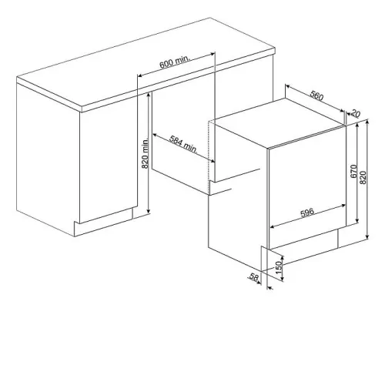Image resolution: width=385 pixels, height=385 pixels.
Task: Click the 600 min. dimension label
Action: click(175, 62)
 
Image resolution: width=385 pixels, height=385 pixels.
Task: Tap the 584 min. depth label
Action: click(183, 145)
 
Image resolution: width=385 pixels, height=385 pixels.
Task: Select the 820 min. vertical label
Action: click(146, 153)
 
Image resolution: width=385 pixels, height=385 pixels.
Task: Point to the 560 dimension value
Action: click(316, 95)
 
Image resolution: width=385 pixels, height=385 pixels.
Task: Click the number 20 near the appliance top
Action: click(356, 113)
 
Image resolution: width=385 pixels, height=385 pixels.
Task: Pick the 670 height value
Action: click(353, 171)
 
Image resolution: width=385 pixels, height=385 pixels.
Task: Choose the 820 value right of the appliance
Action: click(363, 177)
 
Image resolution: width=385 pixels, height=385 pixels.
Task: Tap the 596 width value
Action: click(307, 213)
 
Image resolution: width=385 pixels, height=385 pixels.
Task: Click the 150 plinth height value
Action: click(279, 267)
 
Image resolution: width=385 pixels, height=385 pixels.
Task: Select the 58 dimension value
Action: click(254, 277)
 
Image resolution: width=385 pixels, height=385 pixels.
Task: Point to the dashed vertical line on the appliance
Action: click(209, 157)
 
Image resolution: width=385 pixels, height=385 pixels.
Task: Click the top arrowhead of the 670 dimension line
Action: click(357, 125)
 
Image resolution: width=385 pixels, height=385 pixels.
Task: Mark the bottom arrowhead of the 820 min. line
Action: click(149, 211)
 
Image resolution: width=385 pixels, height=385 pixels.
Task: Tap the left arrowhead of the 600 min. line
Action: click(140, 75)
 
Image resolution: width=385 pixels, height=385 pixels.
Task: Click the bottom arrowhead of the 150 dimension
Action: click(283, 279)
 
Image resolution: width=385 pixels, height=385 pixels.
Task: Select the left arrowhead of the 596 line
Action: click(273, 226)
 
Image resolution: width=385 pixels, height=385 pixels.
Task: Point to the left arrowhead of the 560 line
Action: click(288, 86)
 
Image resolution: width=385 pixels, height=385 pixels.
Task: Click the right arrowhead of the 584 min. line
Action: click(213, 161)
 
